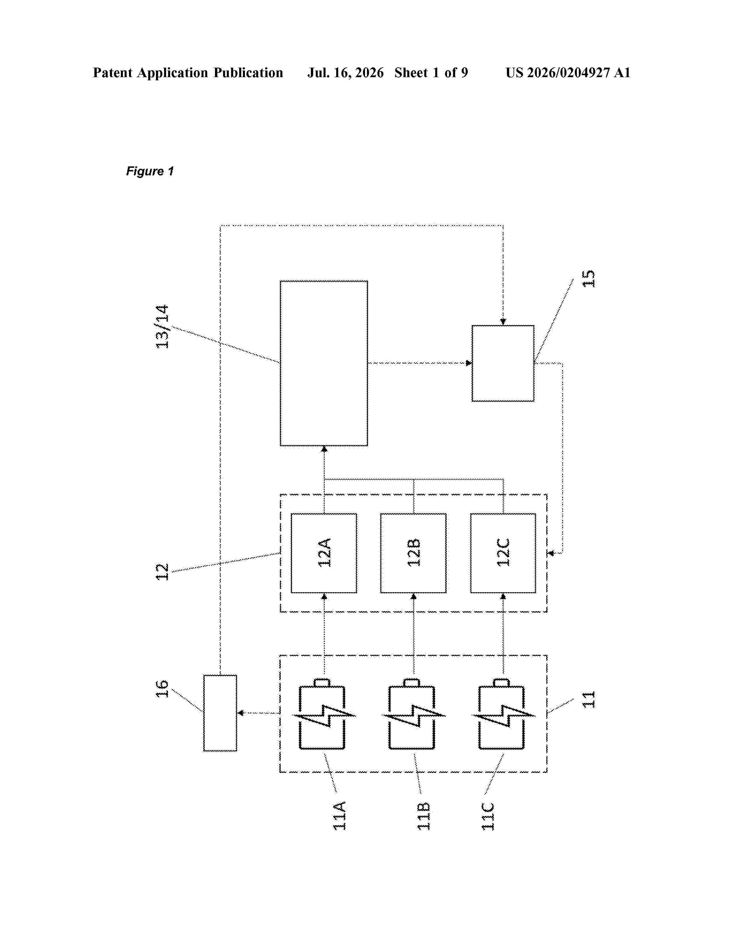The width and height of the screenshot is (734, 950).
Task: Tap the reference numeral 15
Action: (x=588, y=278)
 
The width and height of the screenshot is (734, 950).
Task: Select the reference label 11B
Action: (x=424, y=816)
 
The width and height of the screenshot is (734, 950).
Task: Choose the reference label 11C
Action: (x=488, y=816)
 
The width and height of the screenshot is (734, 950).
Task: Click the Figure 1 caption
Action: (x=150, y=171)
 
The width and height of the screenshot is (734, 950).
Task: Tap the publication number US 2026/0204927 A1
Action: (x=568, y=73)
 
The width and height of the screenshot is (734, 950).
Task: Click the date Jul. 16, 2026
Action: (x=346, y=73)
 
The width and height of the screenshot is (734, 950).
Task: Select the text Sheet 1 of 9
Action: (x=431, y=73)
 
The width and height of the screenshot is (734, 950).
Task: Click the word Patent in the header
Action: (x=113, y=73)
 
